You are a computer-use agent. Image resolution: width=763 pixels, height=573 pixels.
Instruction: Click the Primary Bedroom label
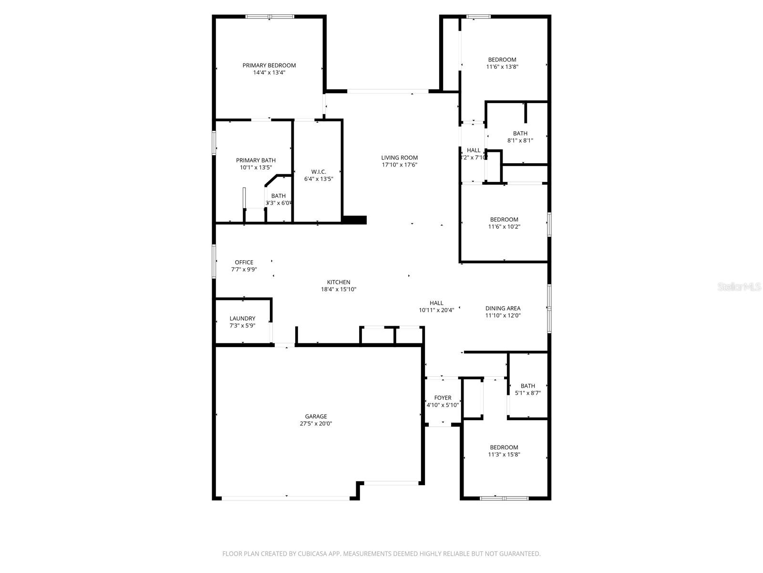click(x=269, y=65)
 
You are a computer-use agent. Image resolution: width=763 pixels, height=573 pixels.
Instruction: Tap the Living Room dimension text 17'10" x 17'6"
click(x=399, y=165)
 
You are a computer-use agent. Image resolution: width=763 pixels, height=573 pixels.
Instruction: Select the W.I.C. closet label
click(x=319, y=172)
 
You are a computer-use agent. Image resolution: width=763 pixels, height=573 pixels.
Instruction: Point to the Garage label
click(x=316, y=416)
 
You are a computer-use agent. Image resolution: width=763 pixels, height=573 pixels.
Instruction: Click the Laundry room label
click(x=242, y=318)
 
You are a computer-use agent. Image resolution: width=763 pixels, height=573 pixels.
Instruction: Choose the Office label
click(x=244, y=262)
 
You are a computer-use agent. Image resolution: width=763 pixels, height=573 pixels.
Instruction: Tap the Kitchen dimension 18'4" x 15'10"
click(x=339, y=289)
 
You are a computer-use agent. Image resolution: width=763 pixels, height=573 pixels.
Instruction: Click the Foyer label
click(x=443, y=398)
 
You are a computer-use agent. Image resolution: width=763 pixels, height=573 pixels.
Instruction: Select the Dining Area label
click(x=503, y=308)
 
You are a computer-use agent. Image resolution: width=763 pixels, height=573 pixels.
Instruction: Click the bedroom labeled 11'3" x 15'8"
click(x=504, y=451)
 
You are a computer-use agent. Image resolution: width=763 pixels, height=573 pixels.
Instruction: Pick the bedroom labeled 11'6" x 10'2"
click(x=504, y=223)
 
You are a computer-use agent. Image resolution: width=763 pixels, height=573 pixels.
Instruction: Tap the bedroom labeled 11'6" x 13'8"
click(x=502, y=63)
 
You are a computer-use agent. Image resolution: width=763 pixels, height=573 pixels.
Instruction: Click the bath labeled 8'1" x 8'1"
click(x=520, y=137)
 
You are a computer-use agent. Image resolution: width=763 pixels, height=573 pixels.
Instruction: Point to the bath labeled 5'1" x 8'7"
click(x=527, y=389)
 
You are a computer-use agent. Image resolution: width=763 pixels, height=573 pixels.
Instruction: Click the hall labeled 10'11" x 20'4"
click(x=436, y=306)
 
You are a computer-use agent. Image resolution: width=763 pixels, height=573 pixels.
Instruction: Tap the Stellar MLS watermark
click(x=740, y=287)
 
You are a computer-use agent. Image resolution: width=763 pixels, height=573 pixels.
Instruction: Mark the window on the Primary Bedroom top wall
click(x=270, y=17)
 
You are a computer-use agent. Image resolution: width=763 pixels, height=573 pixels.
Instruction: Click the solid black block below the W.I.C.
click(x=354, y=220)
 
